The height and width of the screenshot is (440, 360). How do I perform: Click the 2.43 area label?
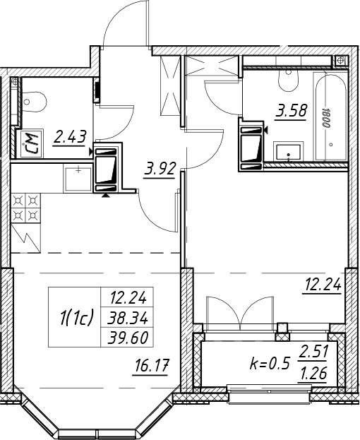(69, 137)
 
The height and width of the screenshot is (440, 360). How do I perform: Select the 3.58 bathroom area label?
(292, 111)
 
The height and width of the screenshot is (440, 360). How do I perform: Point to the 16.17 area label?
(151, 367)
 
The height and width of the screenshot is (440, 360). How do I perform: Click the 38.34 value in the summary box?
(128, 319)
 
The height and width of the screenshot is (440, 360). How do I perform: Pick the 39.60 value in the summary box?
(128, 338)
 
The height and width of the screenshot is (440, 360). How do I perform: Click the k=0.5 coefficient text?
(269, 364)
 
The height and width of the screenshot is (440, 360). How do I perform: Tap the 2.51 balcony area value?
(313, 352)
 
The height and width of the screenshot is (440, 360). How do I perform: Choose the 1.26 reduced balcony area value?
(313, 373)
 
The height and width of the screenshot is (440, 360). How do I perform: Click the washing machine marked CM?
(29, 143)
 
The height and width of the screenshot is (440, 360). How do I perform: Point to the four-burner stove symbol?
(26, 208)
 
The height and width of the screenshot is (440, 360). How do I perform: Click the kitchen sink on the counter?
(78, 179)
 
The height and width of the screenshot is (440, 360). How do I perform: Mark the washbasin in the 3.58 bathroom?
(288, 152)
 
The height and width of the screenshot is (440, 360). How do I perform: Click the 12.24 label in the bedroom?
(322, 285)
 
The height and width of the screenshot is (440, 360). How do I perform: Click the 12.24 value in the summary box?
(128, 298)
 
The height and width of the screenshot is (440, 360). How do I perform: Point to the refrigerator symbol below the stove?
(26, 238)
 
